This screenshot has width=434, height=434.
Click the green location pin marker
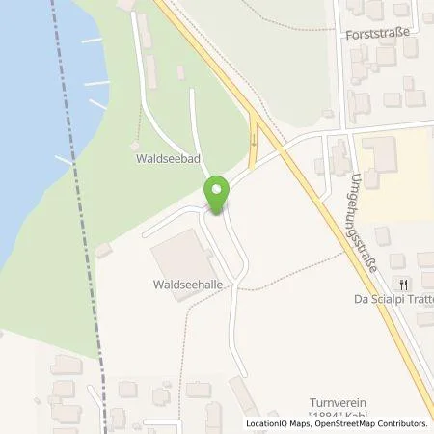click(x=217, y=196)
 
